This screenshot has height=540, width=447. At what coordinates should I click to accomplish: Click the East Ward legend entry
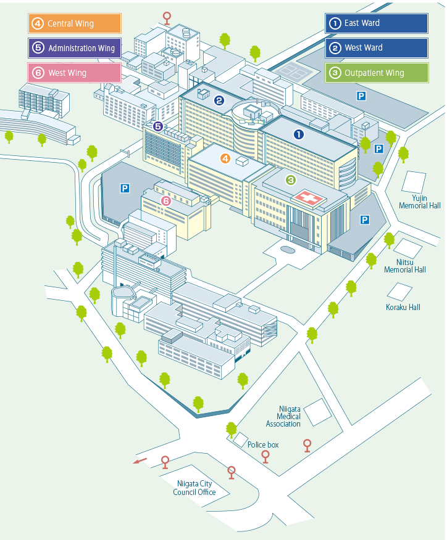coord(377,23)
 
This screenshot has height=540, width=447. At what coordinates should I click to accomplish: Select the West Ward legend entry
coord(377,48)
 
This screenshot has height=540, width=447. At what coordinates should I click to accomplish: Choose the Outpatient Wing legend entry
coord(377,73)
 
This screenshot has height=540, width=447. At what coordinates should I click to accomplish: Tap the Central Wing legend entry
coord(74,23)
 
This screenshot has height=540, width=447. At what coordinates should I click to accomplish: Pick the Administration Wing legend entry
coord(74,48)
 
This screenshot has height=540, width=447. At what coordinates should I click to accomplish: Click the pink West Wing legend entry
coord(74,73)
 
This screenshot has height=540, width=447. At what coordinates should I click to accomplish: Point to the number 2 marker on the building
coord(219,100)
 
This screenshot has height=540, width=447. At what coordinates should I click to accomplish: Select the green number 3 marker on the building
coord(291,180)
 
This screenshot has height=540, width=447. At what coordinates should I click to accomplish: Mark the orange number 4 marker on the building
coord(225,158)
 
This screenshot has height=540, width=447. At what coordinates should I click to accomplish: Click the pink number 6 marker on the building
coord(165,200)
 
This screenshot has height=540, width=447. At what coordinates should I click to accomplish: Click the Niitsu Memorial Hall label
coord(405,266)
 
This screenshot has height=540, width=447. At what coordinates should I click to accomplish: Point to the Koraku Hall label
coord(403,307)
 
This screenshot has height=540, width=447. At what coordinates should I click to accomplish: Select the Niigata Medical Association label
coord(283,416)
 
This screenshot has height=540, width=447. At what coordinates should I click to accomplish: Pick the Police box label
coord(263,444)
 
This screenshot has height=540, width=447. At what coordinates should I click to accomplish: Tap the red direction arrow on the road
coord(141,460)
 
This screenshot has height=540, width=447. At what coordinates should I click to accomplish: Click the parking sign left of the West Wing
coord(125,188)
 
